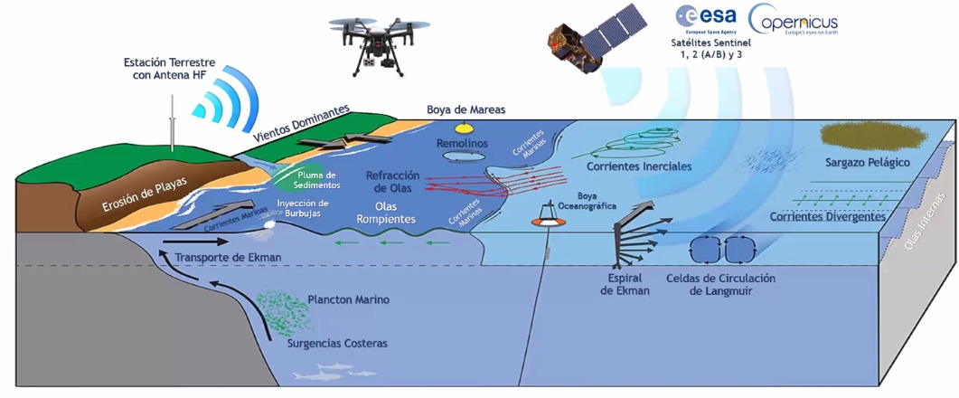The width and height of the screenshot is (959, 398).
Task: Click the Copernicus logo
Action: (x=793, y=20)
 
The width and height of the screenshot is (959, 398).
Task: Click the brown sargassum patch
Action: (x=868, y=136)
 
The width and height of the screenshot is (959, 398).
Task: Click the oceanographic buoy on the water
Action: (x=545, y=217)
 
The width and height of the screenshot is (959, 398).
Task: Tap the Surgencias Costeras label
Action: (x=337, y=344)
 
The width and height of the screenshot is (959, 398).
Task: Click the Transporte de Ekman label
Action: (x=229, y=257)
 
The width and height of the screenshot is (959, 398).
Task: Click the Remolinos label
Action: (x=462, y=144)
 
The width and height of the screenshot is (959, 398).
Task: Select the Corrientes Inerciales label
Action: (x=639, y=166)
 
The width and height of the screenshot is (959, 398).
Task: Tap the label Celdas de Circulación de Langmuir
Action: (x=720, y=285)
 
